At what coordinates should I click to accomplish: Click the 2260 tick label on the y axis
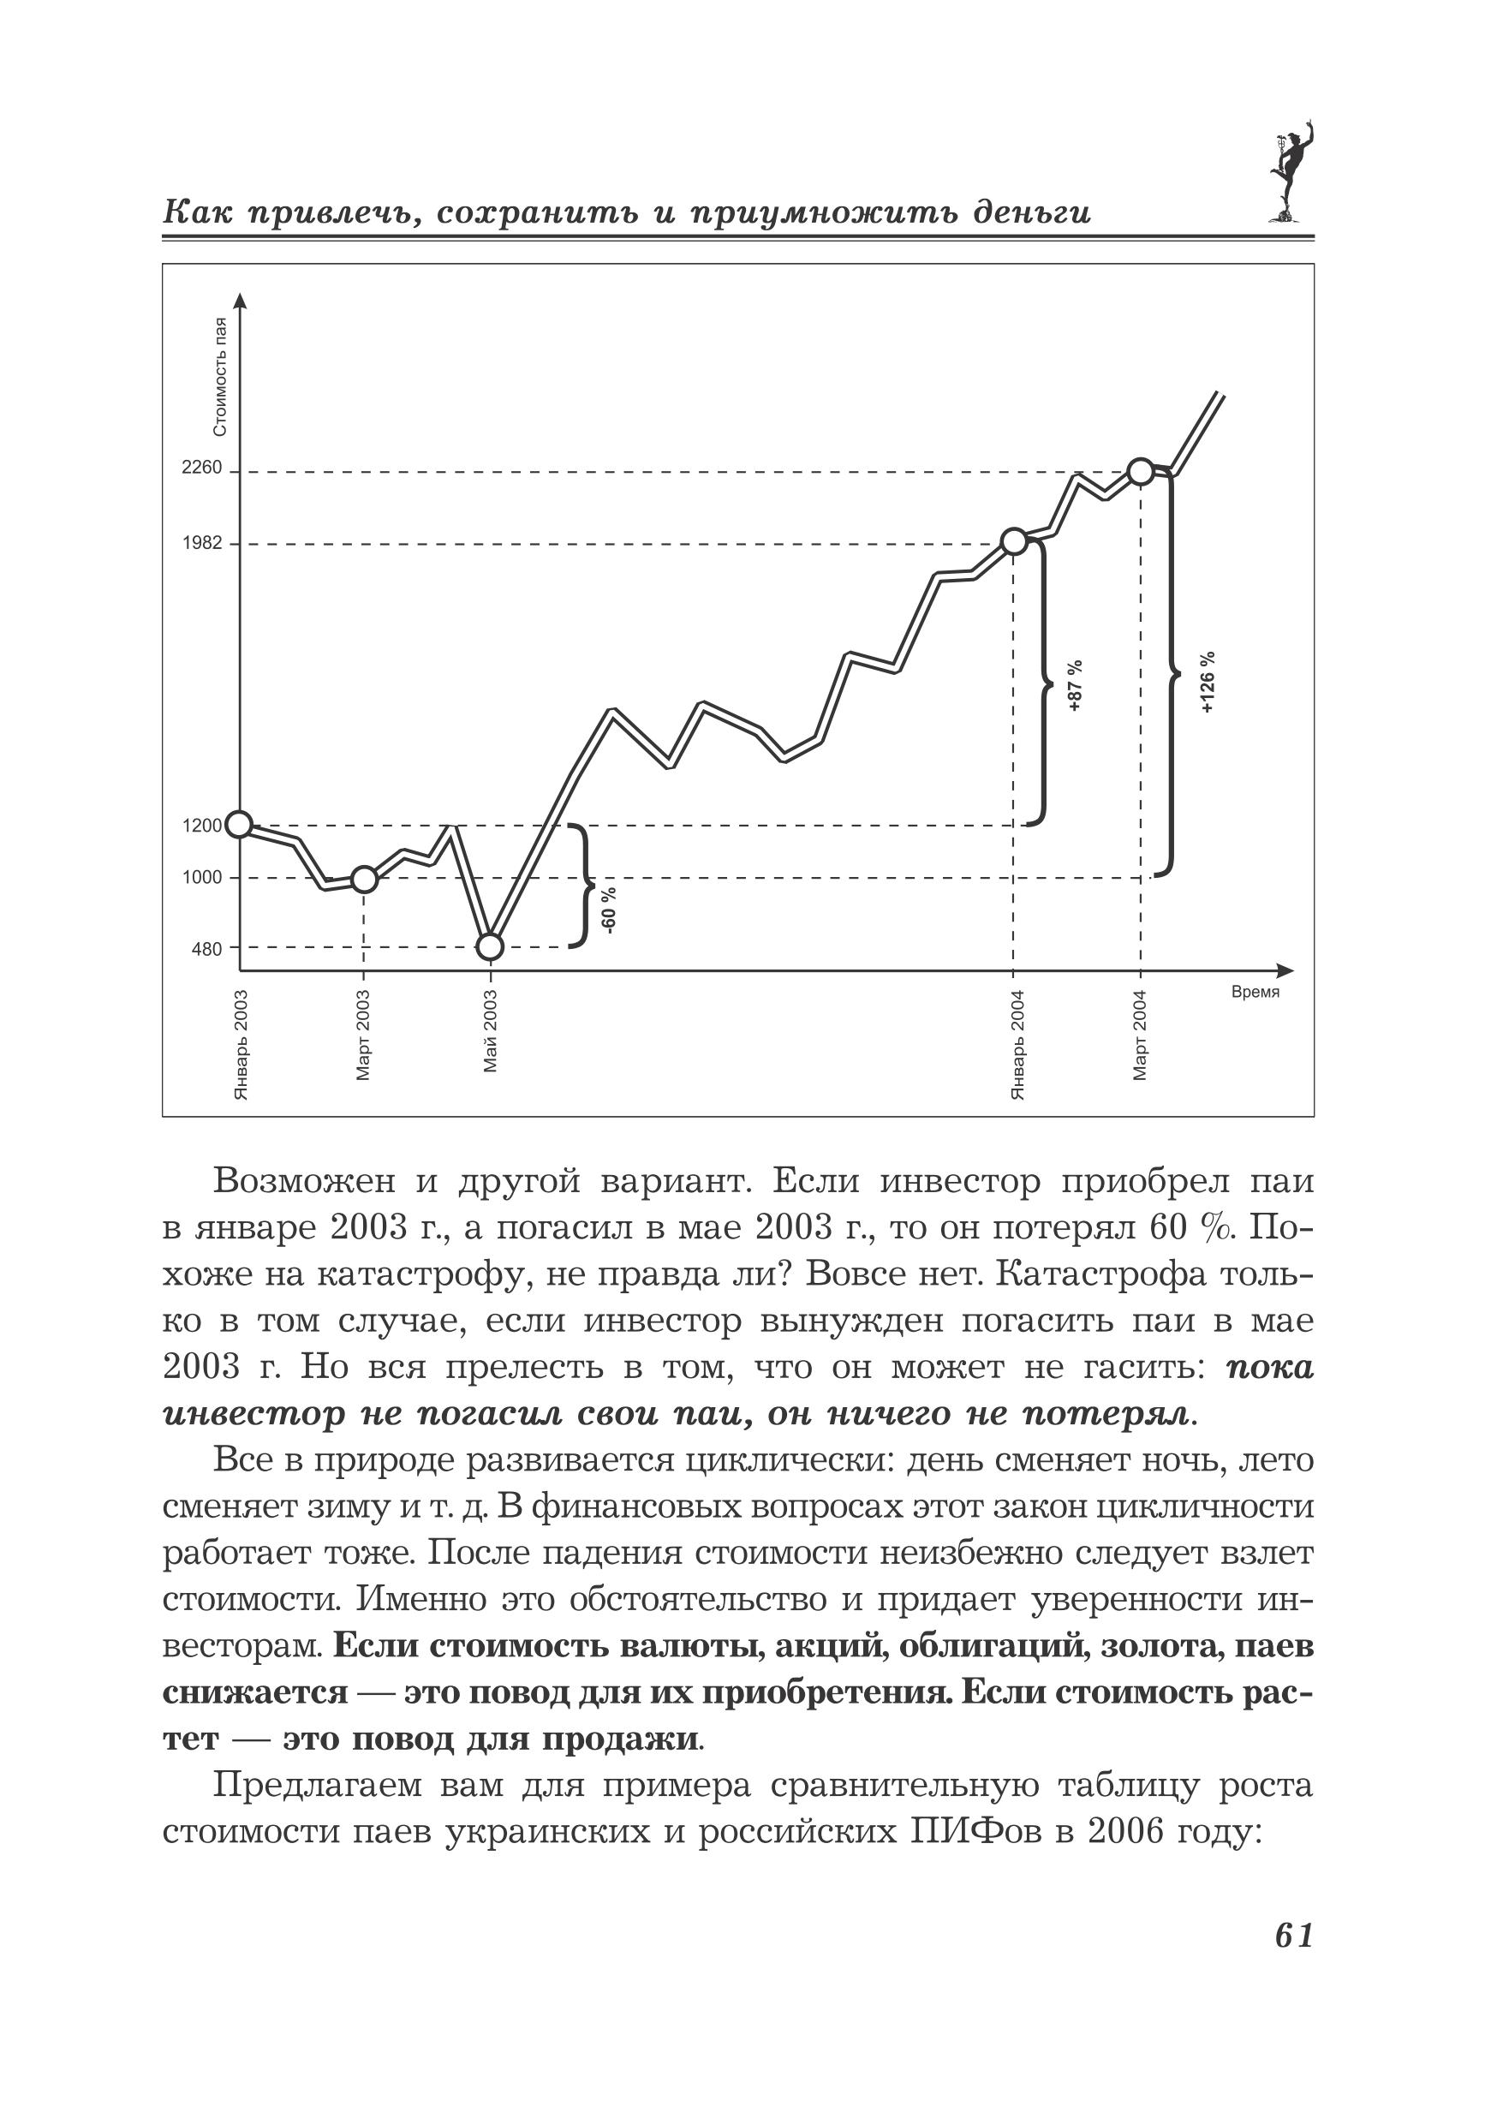[202, 468]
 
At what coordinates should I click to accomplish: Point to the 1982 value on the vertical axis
[202, 543]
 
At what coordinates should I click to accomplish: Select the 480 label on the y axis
[207, 948]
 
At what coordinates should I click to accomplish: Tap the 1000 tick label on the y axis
[202, 878]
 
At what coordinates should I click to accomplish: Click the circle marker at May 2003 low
[491, 946]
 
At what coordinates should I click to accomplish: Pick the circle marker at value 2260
[1141, 472]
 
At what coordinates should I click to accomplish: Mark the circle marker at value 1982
[1014, 542]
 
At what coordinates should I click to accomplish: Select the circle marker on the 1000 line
[365, 879]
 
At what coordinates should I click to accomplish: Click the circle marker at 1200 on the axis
[240, 824]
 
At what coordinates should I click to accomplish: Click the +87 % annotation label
[1074, 685]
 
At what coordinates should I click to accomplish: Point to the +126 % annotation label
[1208, 682]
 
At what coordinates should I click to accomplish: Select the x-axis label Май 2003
[491, 1031]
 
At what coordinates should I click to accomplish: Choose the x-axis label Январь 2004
[1017, 1044]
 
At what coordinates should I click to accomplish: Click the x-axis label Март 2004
[1140, 1035]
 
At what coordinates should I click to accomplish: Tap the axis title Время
[1255, 993]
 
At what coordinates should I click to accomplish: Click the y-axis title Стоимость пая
[219, 377]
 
